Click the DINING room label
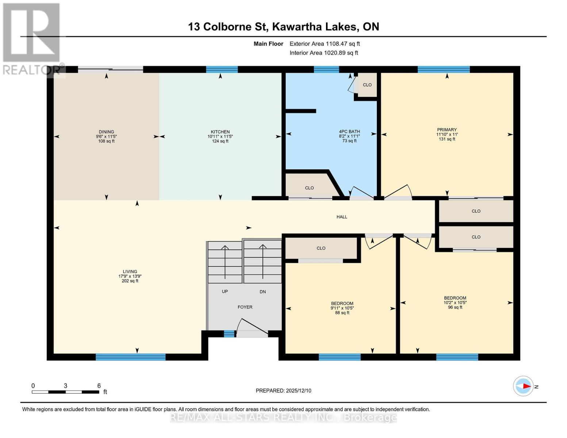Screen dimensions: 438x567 click(x=106, y=132)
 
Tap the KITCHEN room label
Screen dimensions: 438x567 click(x=220, y=132)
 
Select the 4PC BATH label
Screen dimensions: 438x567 click(x=349, y=131)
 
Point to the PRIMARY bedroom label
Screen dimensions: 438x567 click(x=447, y=130)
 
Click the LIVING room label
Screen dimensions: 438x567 click(x=130, y=272)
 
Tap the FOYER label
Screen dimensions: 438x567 click(x=245, y=307)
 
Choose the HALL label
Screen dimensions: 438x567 click(x=342, y=217)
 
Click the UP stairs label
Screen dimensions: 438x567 click(x=225, y=292)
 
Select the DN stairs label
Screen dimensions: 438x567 click(x=263, y=292)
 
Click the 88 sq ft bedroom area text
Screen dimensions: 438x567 click(x=342, y=313)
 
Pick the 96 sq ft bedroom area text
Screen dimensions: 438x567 click(x=455, y=307)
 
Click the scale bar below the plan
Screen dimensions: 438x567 click(x=65, y=392)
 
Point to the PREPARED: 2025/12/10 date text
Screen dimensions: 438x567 click(x=283, y=391)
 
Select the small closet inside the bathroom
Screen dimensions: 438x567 click(x=367, y=85)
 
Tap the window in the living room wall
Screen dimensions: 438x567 click(x=130, y=357)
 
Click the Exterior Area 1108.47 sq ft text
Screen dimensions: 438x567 click(x=325, y=44)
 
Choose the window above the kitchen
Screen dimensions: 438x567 click(x=222, y=69)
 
